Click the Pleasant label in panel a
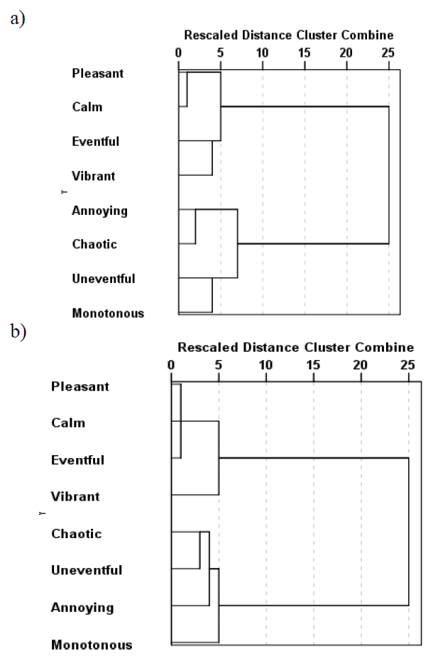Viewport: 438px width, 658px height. (97, 72)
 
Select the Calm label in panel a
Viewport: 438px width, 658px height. (87, 107)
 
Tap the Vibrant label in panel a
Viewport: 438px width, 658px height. (93, 175)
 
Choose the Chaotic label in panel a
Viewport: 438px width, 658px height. (94, 245)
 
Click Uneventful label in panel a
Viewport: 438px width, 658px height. (104, 279)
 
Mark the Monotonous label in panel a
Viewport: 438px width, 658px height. (108, 313)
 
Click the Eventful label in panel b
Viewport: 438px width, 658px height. (77, 460)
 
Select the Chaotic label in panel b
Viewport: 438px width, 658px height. (77, 533)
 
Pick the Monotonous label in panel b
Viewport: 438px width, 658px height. (92, 645)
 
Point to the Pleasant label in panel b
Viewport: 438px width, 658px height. (80, 386)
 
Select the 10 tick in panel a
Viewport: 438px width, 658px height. (262, 51)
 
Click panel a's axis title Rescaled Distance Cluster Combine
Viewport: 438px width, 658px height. (288, 35)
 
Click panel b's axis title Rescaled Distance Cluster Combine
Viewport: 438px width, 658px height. (295, 347)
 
